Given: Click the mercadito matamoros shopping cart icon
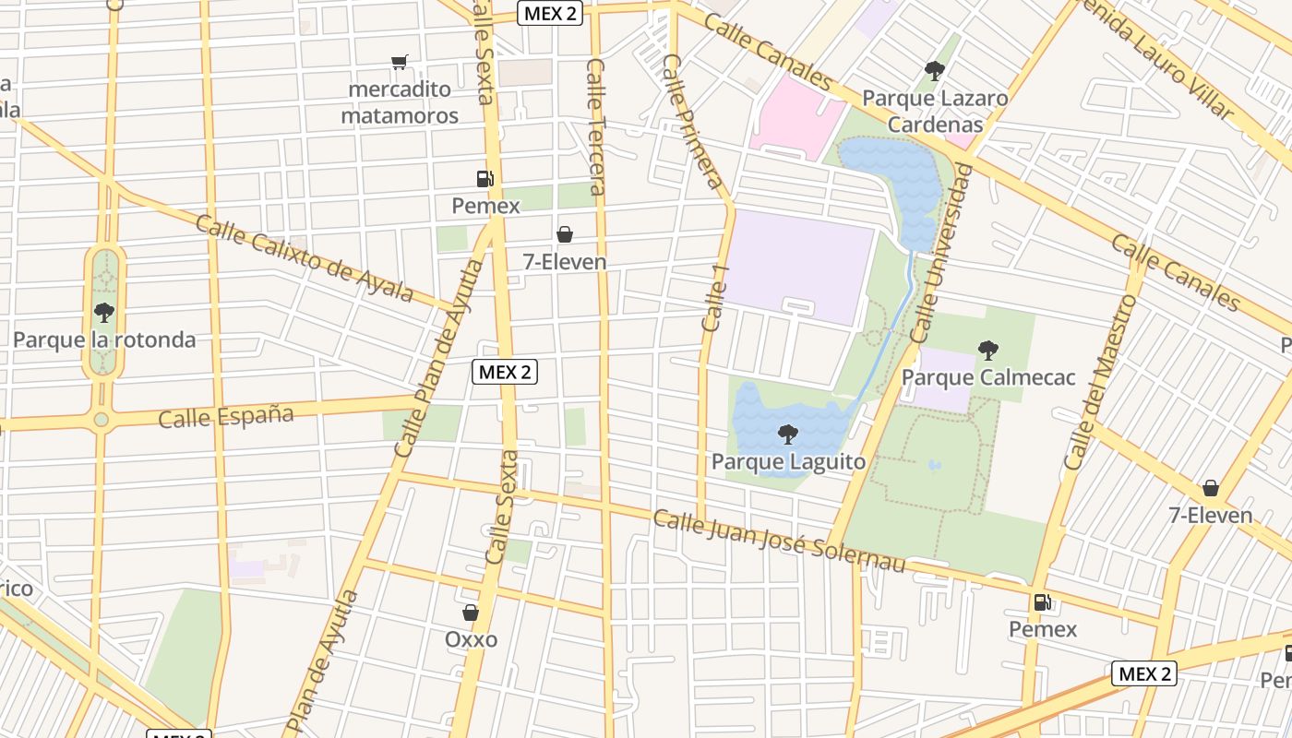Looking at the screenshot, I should pyautogui.click(x=399, y=63).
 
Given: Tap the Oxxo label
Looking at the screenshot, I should pyautogui.click(x=471, y=639).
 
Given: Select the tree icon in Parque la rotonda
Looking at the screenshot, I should pyautogui.click(x=103, y=312).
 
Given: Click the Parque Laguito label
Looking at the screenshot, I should pyautogui.click(x=788, y=461).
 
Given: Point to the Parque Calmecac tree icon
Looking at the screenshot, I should pyautogui.click(x=988, y=350).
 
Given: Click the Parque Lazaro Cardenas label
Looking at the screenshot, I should pyautogui.click(x=935, y=111).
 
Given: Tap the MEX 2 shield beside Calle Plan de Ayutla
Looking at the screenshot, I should pyautogui.click(x=504, y=372).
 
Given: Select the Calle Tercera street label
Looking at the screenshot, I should pyautogui.click(x=596, y=127).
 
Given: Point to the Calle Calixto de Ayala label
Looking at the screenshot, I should pyautogui.click(x=305, y=259).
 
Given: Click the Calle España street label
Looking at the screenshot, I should pyautogui.click(x=226, y=416).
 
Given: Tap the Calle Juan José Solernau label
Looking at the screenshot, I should pyautogui.click(x=779, y=540).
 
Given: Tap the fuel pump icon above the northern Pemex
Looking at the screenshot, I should pyautogui.click(x=484, y=179).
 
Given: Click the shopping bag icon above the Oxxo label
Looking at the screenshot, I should pyautogui.click(x=471, y=613).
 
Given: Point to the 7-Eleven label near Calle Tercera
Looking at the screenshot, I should pyautogui.click(x=565, y=262).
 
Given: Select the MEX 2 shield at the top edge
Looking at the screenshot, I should pyautogui.click(x=550, y=13).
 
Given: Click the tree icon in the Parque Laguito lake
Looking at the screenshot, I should pyautogui.click(x=788, y=434).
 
